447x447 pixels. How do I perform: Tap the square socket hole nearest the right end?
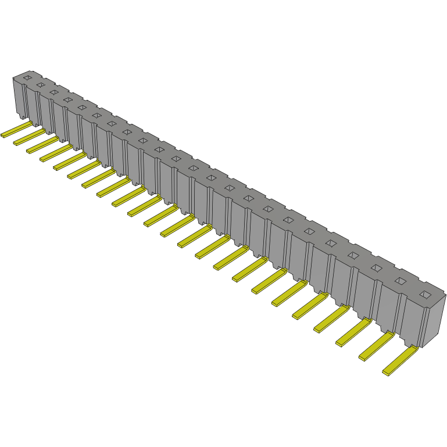(x=425, y=294)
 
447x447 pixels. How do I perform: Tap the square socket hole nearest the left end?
(x=27, y=77)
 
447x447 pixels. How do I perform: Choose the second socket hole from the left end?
(x=40, y=84)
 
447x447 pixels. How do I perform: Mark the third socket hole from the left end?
(x=54, y=92)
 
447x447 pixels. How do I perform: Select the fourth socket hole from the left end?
(x=68, y=99)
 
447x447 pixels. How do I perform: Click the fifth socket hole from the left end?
(x=82, y=107)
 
